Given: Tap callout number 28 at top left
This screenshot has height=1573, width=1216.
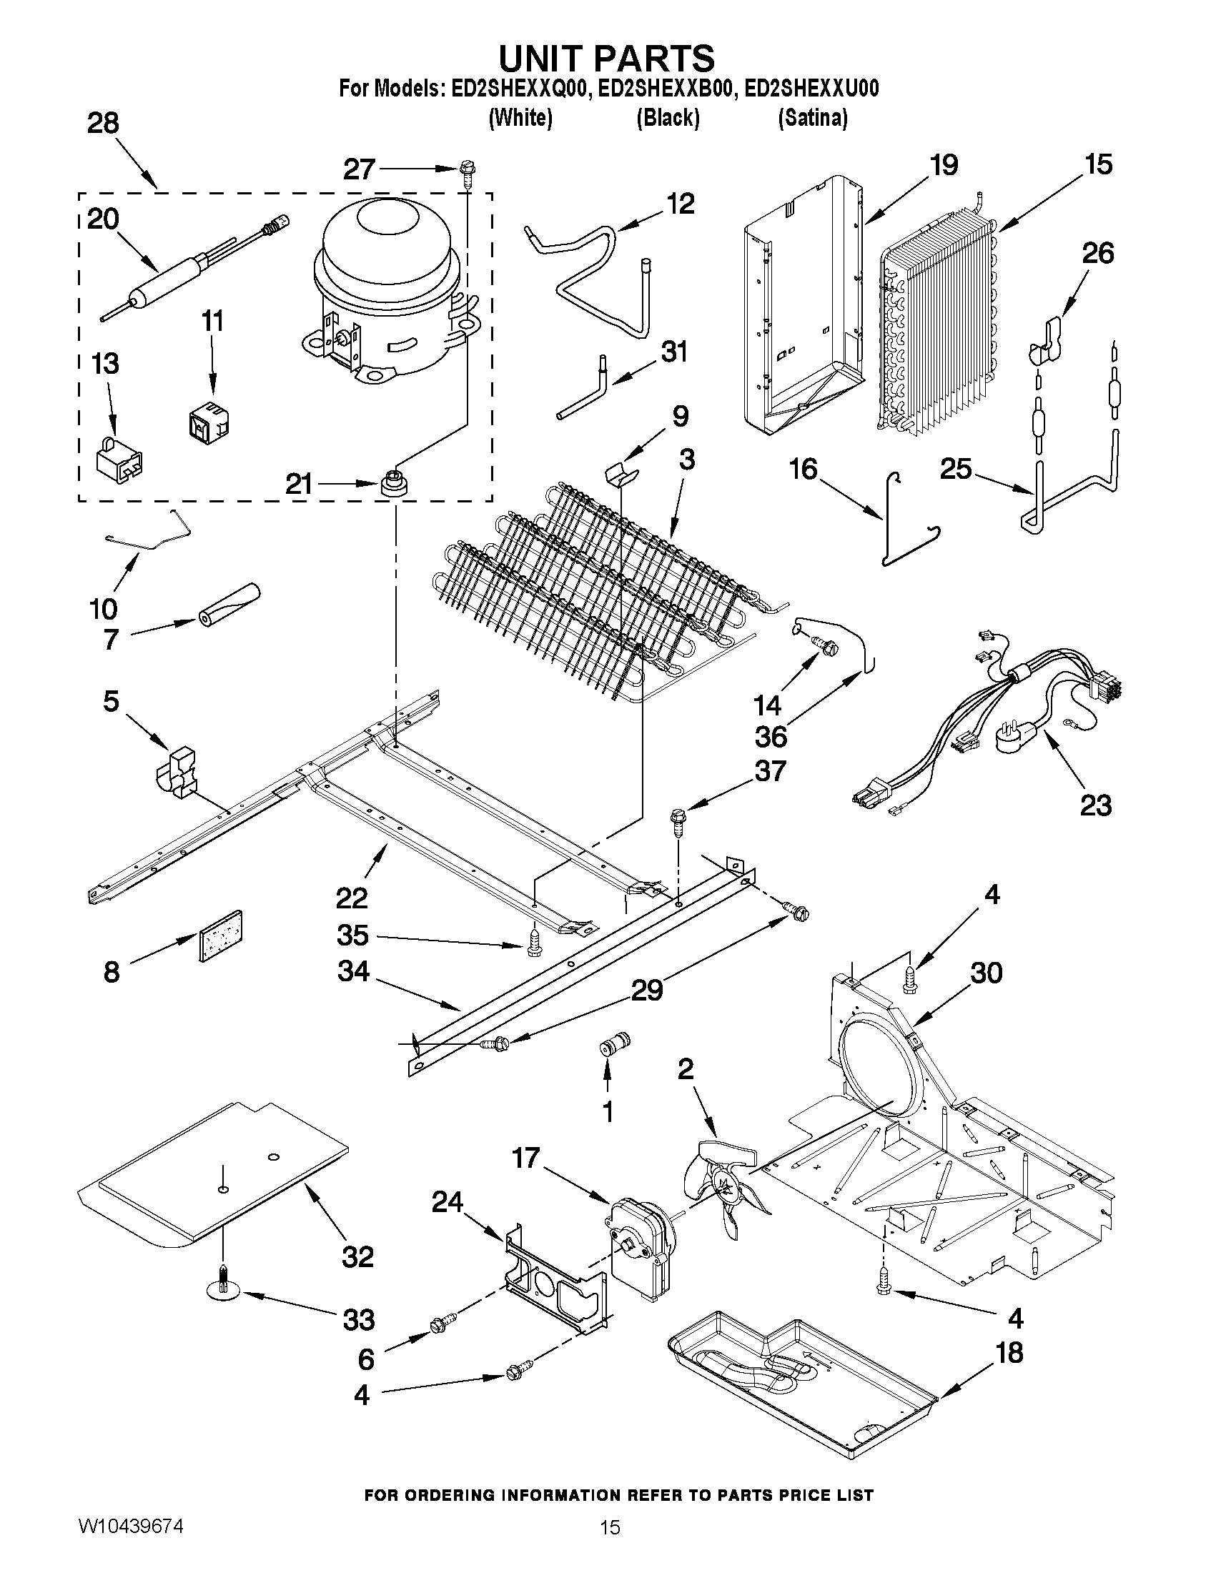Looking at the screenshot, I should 103,124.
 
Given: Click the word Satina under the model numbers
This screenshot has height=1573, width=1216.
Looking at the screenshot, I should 813,117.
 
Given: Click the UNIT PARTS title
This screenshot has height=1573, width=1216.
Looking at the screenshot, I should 606,57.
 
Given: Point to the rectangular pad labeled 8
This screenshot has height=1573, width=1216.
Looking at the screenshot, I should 219,936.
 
